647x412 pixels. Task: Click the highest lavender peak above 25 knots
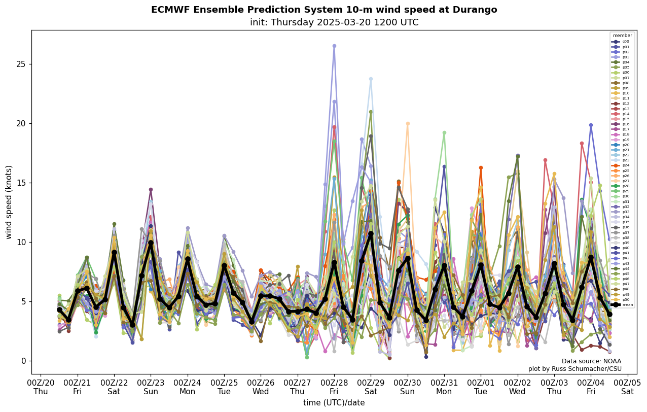point(334,46)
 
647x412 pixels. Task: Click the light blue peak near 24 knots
point(371,79)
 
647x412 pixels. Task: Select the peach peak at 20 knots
point(407,124)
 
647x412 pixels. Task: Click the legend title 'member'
point(622,36)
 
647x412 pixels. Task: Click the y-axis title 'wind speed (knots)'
point(9,202)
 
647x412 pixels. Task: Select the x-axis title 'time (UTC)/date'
point(334,403)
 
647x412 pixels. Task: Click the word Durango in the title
point(475,10)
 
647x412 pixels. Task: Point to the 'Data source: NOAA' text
point(591,361)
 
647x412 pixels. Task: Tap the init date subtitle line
point(334,23)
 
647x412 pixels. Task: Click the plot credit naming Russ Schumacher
point(574,369)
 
